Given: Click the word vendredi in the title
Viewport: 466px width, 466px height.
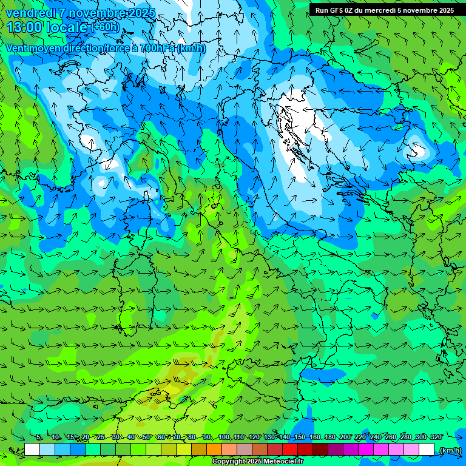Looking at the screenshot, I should click(x=29, y=13).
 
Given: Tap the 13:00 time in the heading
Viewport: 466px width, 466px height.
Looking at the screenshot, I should click(x=24, y=27).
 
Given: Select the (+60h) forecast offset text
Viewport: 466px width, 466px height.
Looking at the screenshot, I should click(x=105, y=27).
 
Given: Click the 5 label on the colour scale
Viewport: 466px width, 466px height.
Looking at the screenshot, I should click(x=39, y=437).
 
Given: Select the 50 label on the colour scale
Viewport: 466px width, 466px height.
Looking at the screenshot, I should click(x=146, y=437).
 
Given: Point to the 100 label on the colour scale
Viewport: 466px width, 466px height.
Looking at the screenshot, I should click(x=224, y=437).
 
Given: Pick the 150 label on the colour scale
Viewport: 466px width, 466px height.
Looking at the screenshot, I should click(x=300, y=437).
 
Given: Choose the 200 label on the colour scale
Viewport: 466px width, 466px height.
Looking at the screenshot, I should click(x=345, y=437).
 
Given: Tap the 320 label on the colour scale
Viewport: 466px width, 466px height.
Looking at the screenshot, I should click(x=436, y=437).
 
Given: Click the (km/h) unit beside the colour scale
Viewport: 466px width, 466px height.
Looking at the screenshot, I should click(x=450, y=450).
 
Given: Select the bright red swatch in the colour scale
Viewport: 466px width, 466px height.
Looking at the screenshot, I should click(x=290, y=450).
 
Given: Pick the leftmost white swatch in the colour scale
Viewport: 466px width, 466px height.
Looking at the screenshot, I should click(x=32, y=450).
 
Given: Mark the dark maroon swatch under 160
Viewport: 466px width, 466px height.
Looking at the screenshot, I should click(x=320, y=450).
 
